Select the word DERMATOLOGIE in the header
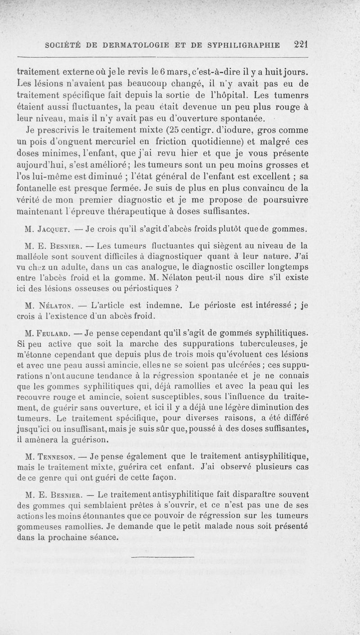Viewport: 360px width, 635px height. (x=134, y=45)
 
